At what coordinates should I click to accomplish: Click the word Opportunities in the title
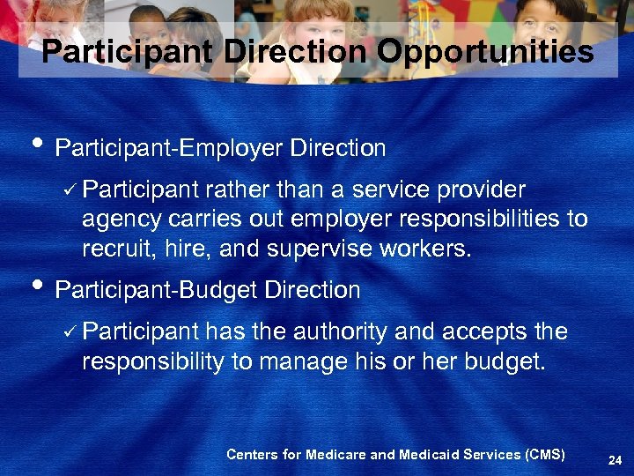pos(485,52)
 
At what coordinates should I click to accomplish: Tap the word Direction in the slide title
pos(295,52)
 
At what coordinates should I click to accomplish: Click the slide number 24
pos(615,458)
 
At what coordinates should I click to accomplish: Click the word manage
pos(299,362)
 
